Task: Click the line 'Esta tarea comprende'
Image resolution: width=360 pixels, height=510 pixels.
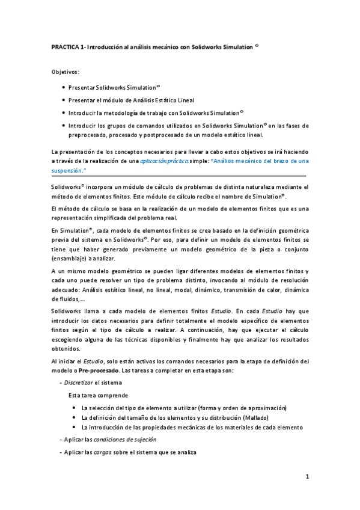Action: [x=97, y=396]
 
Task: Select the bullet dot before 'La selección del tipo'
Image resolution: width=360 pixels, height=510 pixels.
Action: [x=73, y=408]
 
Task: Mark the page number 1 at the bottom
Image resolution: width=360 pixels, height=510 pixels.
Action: [x=307, y=477]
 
